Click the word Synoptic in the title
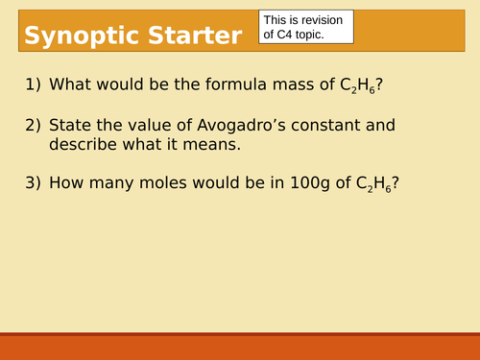[x=78, y=36]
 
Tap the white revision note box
[x=306, y=26]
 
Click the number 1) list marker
[x=33, y=85]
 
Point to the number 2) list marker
[x=33, y=125]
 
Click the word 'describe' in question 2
[x=84, y=144]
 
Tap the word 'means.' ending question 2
[x=216, y=144]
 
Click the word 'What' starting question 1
[x=69, y=85]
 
